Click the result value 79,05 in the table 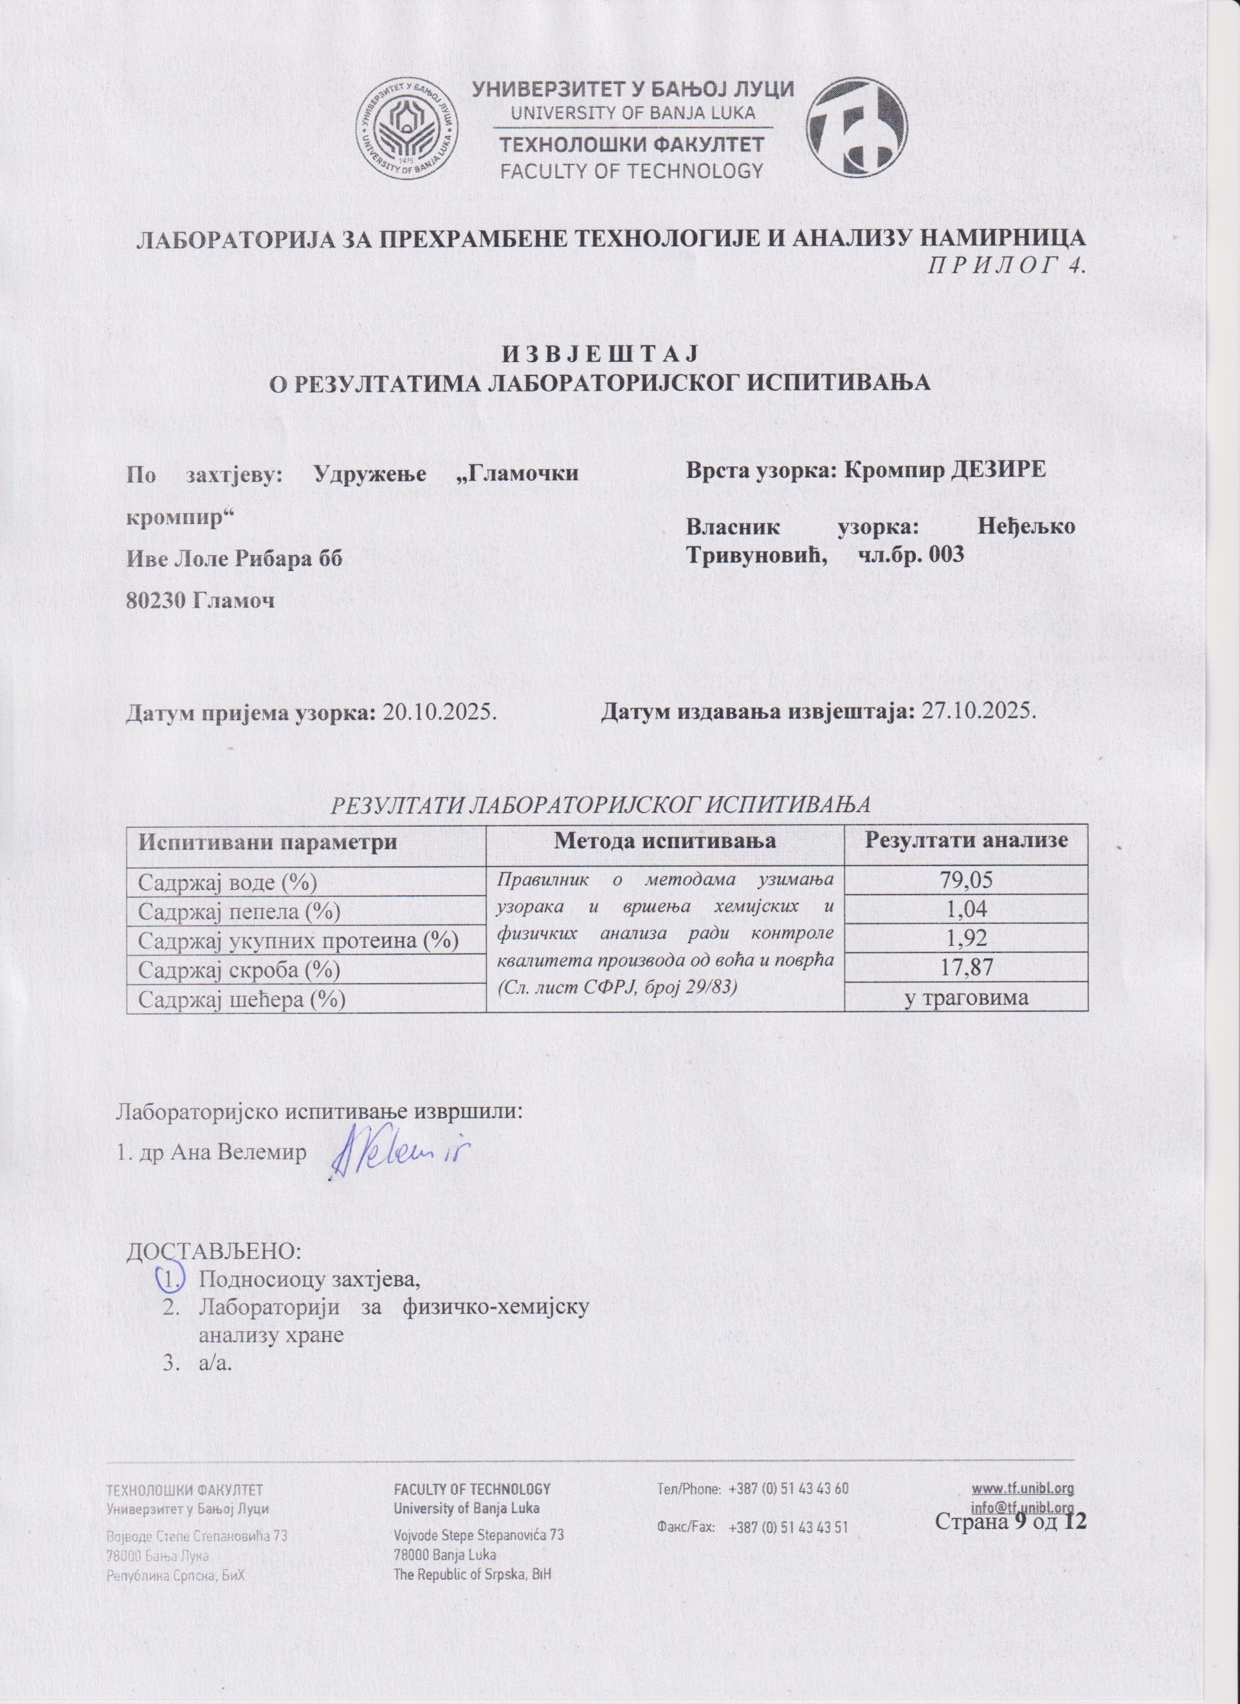tap(966, 881)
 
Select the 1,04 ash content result tap(966, 910)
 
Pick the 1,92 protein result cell tap(966, 939)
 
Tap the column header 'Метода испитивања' tap(665, 841)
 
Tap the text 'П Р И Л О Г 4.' tap(1007, 268)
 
